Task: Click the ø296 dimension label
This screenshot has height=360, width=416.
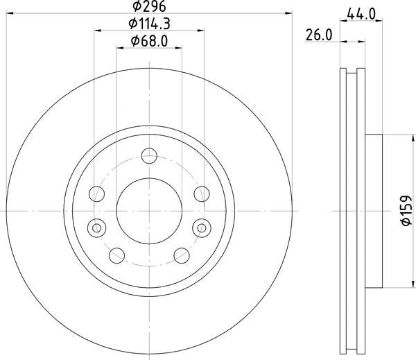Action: (149, 9)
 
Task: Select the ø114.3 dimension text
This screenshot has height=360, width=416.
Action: (149, 24)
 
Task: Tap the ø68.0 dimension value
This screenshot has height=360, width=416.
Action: (149, 42)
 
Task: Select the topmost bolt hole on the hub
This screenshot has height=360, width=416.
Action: (149, 156)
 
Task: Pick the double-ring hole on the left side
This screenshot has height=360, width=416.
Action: (96, 225)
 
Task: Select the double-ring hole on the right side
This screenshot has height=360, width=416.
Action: (202, 225)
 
